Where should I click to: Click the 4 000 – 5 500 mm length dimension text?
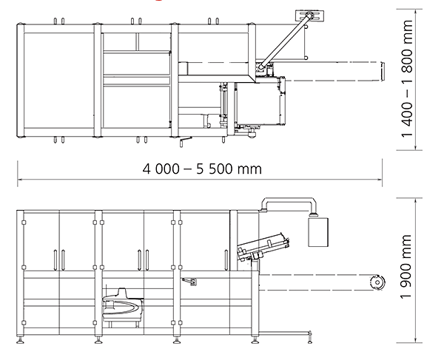202,169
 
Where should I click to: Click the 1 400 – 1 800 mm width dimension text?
407,78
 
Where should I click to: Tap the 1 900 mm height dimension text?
406,266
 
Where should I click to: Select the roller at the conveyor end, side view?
377,282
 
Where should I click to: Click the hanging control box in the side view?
318,232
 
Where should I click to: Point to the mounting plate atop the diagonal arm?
310,16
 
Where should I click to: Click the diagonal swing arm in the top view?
284,41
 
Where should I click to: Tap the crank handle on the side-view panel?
190,282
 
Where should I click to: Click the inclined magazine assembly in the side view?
263,247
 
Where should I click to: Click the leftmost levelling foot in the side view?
20,340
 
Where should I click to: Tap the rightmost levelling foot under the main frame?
255,340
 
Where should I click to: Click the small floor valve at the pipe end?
310,337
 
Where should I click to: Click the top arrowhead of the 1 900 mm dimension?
415,201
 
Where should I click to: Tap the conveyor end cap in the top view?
382,71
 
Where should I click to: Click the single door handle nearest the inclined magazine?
226,260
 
